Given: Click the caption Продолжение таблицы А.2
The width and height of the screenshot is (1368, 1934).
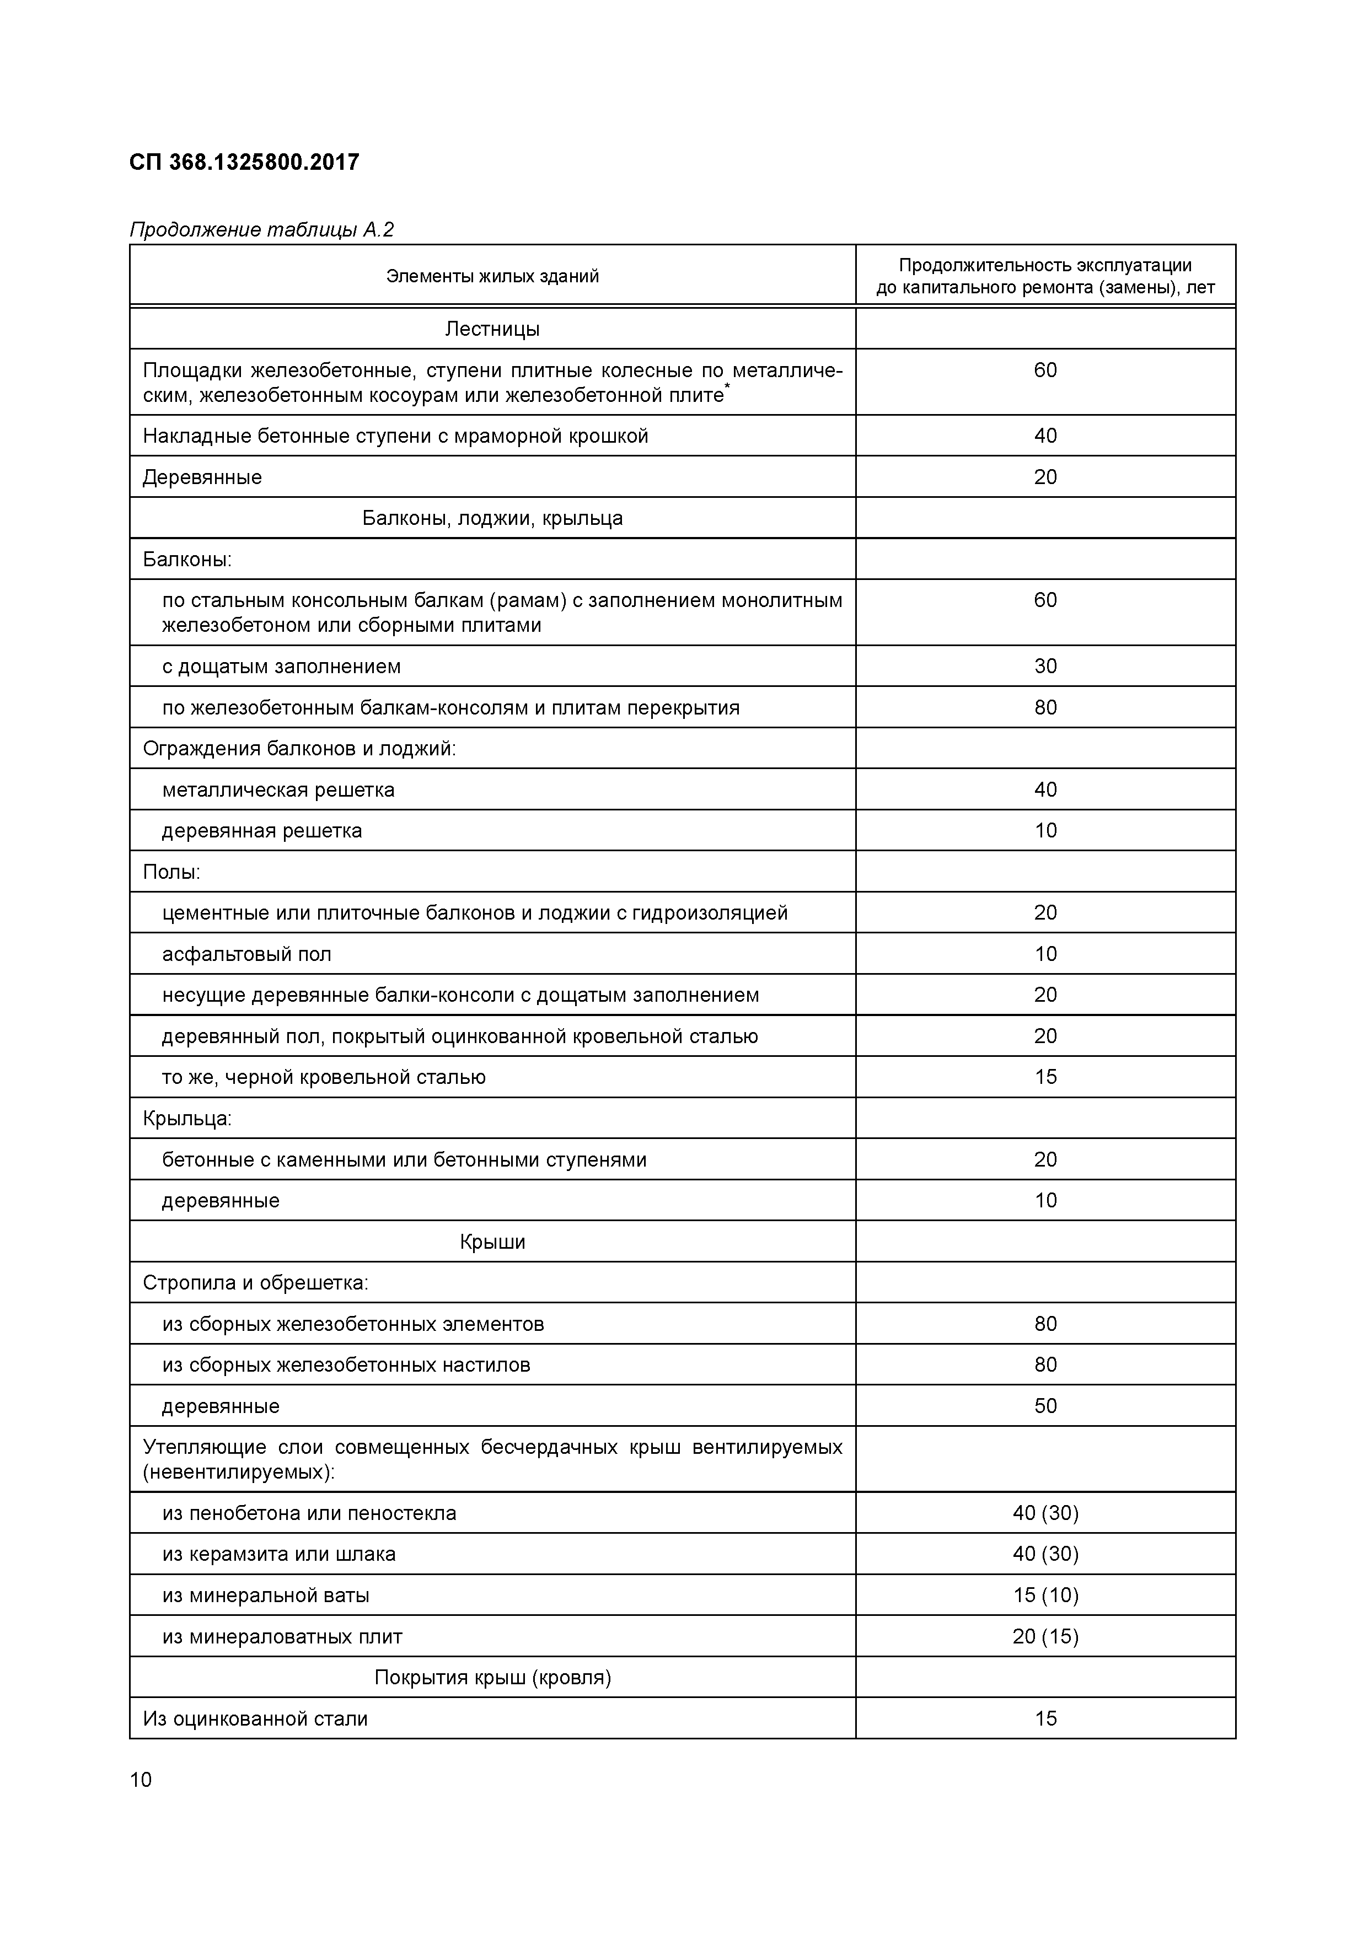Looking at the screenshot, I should (x=261, y=230).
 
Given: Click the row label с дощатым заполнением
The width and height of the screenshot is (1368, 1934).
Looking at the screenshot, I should (x=281, y=667).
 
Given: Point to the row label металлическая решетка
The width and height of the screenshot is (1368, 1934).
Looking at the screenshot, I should (x=278, y=790).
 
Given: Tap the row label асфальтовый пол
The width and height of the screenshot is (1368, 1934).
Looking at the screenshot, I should (x=247, y=954).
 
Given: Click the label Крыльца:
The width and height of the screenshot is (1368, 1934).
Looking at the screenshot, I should (x=187, y=1119).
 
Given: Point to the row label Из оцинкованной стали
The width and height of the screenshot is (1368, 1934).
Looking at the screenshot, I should (x=255, y=1718).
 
